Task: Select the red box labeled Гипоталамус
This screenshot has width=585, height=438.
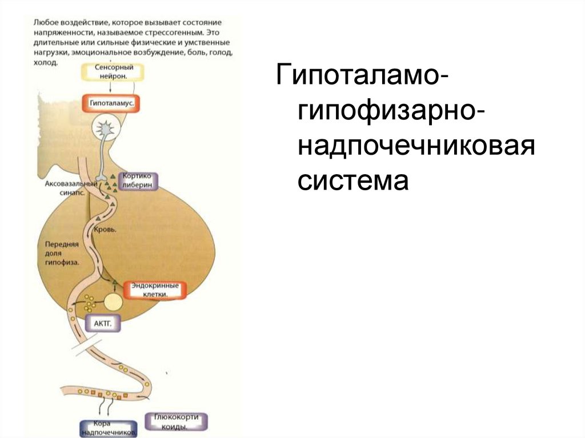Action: [112, 103]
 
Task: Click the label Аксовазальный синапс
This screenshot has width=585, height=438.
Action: [67, 189]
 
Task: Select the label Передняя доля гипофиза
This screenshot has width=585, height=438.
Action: [61, 252]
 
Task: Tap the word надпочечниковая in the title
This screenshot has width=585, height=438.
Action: [415, 147]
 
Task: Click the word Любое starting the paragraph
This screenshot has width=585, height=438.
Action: [43, 22]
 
